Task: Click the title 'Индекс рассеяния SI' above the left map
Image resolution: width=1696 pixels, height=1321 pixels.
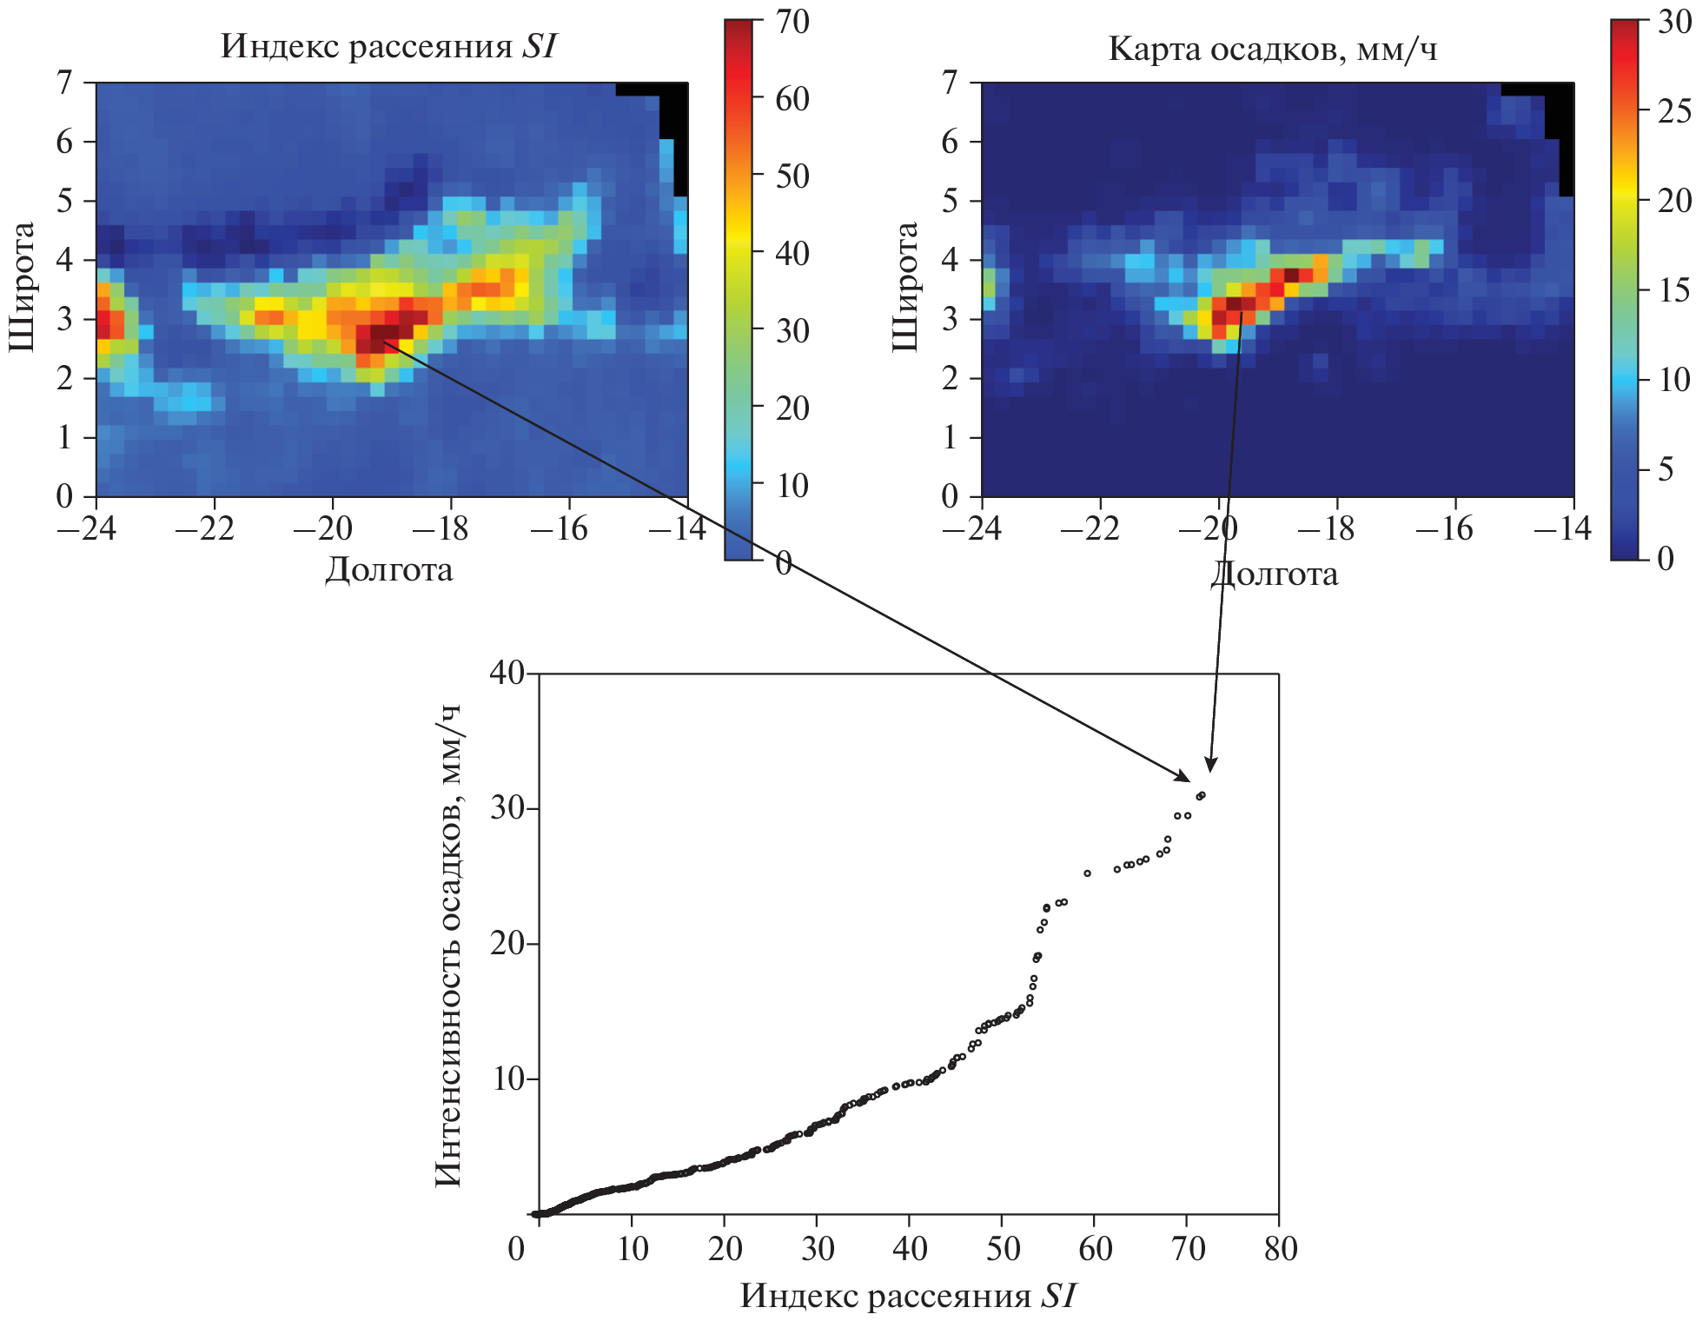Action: (388, 46)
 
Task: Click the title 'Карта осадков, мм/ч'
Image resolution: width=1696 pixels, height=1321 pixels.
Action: (1273, 49)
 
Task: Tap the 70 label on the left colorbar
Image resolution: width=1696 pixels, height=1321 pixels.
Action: (792, 21)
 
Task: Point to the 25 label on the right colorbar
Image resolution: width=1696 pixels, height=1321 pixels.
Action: (1673, 110)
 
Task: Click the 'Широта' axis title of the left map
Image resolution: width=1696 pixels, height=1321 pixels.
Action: (22, 286)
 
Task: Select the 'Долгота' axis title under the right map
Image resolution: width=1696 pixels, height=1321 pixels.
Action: (1274, 574)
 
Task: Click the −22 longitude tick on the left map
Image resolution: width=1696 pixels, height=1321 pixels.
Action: (205, 528)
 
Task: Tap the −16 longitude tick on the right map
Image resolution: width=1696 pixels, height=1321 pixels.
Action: (1444, 528)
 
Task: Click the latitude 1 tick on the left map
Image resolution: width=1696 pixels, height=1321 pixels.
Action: (64, 437)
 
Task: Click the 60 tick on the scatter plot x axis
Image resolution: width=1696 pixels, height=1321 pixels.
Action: (1095, 1249)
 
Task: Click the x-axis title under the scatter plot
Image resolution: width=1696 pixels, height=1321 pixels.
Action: (908, 1296)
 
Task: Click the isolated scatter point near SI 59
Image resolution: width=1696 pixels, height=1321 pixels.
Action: (1087, 873)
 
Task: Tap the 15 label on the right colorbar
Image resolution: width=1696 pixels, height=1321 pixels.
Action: (1673, 289)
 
